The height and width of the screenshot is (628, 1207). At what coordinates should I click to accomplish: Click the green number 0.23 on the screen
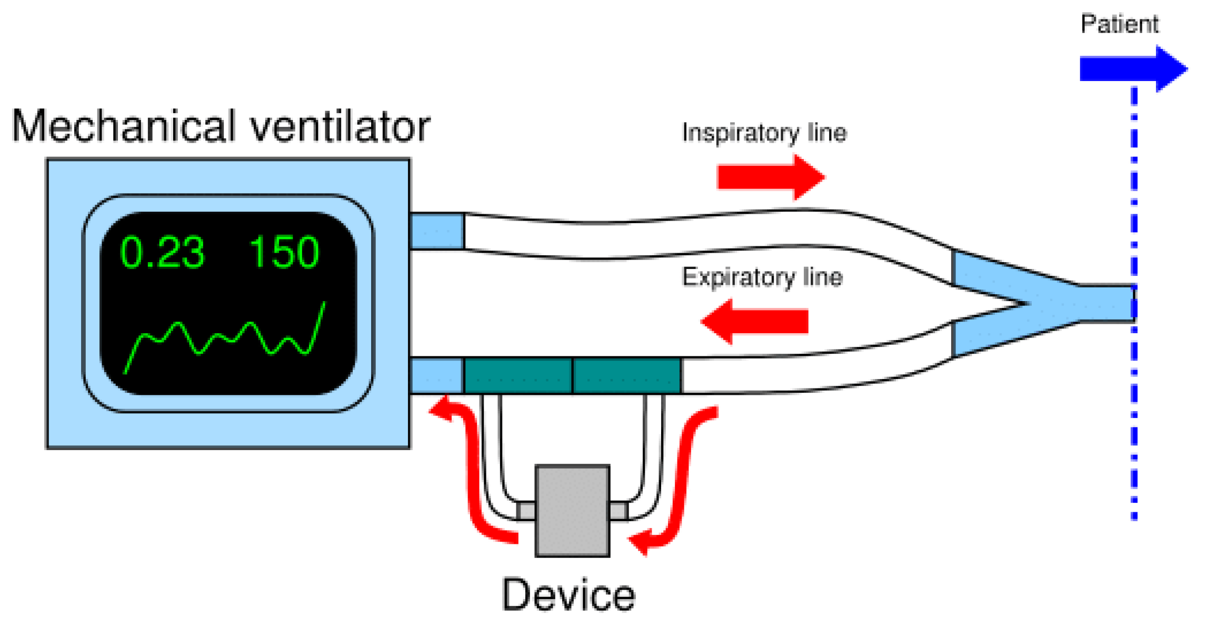point(162,253)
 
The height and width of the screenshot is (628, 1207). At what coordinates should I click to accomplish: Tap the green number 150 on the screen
point(284,253)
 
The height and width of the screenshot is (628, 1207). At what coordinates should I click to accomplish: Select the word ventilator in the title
point(340,126)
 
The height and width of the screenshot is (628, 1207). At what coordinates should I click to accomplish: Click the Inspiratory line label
point(764,133)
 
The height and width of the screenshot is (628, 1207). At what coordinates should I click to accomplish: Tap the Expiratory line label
point(762,277)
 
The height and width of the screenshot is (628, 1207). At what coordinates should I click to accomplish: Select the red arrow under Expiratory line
point(755,322)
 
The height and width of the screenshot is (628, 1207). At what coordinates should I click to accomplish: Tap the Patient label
point(1119,24)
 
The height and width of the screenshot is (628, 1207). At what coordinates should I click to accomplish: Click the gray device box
point(572,511)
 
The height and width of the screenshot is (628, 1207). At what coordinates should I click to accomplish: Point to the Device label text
point(568,595)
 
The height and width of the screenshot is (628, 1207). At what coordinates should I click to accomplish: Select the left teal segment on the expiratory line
point(517,376)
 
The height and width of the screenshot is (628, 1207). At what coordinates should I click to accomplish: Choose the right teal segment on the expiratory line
point(627,376)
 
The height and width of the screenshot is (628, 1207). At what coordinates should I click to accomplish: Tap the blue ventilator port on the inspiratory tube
point(436,231)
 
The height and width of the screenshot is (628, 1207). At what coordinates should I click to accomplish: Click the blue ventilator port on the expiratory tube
point(436,376)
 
